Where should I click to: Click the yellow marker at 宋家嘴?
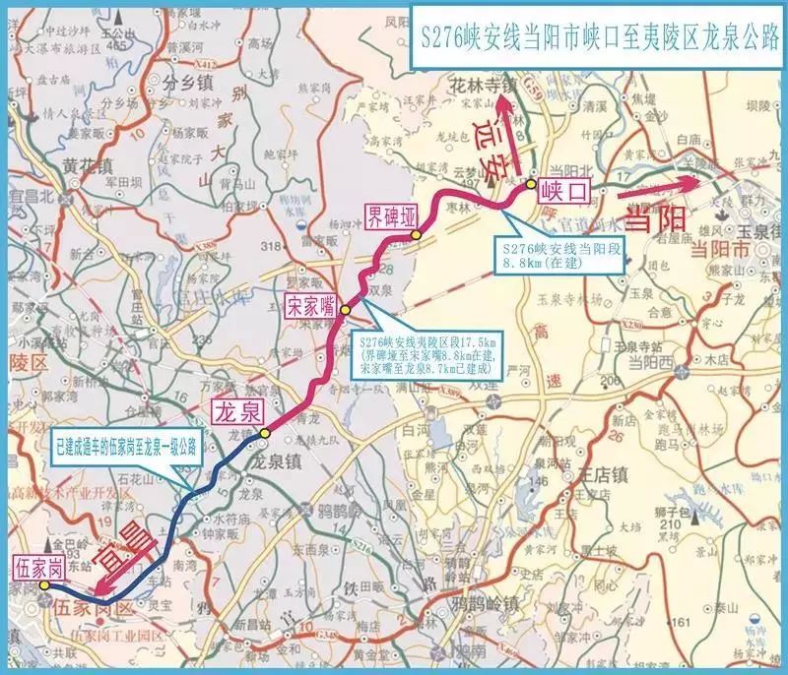click(x=347, y=310)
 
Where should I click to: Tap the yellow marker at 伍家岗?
click(x=44, y=585)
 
